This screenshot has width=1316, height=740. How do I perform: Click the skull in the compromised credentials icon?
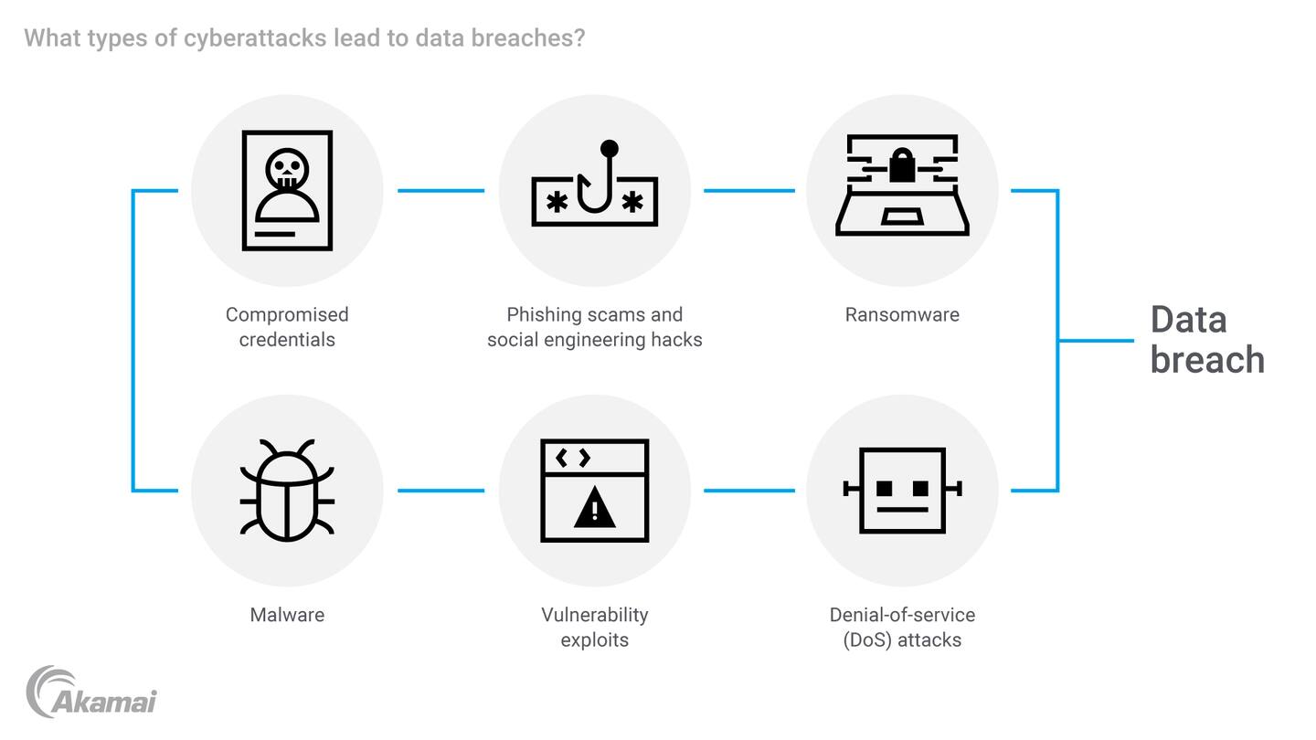tap(287, 171)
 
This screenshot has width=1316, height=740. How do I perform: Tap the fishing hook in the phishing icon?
tap(595, 183)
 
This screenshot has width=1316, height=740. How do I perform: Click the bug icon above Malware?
tap(287, 491)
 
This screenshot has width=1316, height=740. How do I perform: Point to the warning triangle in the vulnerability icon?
tap(595, 507)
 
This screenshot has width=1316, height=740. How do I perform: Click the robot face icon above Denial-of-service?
tap(902, 491)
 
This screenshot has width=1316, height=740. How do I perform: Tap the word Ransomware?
tap(902, 315)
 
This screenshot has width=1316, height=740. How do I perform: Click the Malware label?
tap(287, 615)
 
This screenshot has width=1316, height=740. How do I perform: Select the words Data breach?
tap(1206, 340)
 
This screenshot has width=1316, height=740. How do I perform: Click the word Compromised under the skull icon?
tap(287, 315)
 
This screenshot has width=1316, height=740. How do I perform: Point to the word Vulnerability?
tap(595, 615)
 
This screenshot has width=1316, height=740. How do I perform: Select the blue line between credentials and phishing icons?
tap(440, 191)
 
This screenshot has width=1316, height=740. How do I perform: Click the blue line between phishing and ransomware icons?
tap(748, 191)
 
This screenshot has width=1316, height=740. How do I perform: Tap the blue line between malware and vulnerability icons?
tap(440, 491)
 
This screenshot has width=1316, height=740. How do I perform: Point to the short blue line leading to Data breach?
tap(1097, 341)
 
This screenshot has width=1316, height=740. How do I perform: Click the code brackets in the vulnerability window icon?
tap(573, 457)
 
